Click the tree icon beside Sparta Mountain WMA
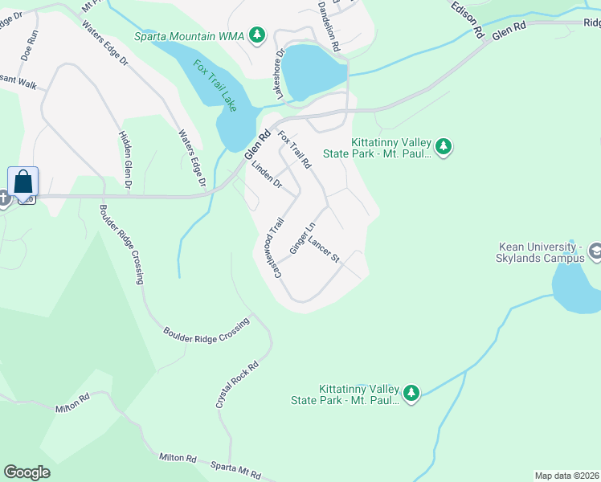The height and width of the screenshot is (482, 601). click(x=257, y=35)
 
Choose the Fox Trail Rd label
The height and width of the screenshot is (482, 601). click(x=294, y=149)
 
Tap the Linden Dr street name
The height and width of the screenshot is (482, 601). click(x=267, y=175)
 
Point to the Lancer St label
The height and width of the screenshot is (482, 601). click(x=325, y=251)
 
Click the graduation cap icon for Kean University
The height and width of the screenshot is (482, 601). click(x=595, y=252)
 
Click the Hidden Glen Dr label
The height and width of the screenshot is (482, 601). click(x=125, y=161)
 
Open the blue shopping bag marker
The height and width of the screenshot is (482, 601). click(x=22, y=182)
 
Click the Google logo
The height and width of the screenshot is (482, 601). click(x=27, y=472)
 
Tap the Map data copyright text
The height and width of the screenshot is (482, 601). click(x=567, y=475)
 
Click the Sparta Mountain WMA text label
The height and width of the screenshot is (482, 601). click(x=186, y=36)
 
